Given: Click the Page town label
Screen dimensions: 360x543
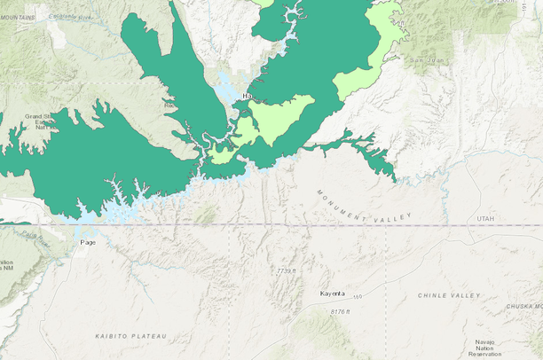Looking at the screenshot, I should pos(87,242).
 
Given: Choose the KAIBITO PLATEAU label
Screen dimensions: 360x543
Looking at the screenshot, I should pos(130,337).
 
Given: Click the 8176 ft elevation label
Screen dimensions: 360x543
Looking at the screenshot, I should pos(337,312).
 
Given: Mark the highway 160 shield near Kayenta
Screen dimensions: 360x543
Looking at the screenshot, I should pos(358,297).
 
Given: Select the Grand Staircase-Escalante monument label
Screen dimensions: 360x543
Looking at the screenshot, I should pos(40,121).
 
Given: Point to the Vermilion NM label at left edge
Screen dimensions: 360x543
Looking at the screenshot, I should pos(7,269).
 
